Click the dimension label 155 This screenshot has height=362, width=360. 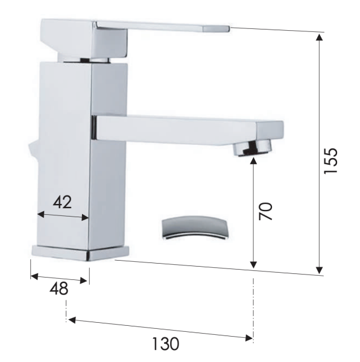(x=330, y=160)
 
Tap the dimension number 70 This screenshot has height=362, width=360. (x=265, y=211)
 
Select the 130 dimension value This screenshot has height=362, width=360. (x=166, y=344)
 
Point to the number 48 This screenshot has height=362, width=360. (x=59, y=288)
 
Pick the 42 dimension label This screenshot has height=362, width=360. (x=62, y=202)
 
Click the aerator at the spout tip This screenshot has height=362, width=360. (x=252, y=148)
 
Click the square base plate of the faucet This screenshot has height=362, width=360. (x=80, y=253)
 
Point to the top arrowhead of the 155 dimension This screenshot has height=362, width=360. (x=320, y=37)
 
